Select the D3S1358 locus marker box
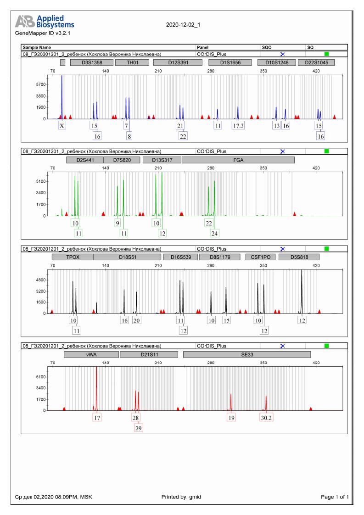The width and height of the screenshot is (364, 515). click(x=91, y=62)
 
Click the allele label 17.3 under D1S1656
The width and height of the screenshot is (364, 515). click(x=238, y=126)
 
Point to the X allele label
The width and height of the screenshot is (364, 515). click(x=62, y=126)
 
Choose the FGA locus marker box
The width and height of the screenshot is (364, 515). click(x=238, y=160)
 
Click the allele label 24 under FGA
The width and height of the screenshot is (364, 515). click(x=215, y=233)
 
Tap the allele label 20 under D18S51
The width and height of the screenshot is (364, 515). click(x=136, y=320)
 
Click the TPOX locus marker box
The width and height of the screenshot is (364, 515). click(x=73, y=257)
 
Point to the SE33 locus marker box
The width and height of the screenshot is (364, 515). click(x=247, y=354)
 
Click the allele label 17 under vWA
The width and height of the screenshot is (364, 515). click(x=97, y=418)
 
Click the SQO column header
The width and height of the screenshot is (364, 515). click(x=267, y=47)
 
